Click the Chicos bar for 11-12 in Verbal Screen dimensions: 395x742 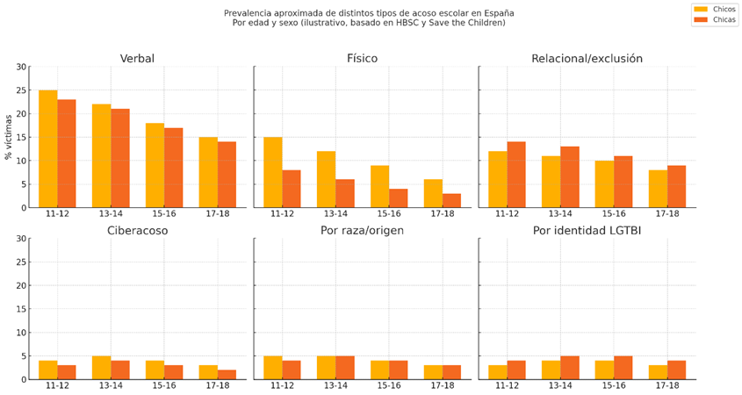[x=48, y=149]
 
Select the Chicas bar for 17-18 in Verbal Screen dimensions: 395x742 [x=227, y=175]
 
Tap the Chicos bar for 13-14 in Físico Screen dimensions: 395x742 [x=327, y=179]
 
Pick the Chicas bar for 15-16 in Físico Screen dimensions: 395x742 [x=399, y=198]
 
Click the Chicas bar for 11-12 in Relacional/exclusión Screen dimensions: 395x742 [x=516, y=175]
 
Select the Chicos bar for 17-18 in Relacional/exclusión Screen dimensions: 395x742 [x=659, y=189]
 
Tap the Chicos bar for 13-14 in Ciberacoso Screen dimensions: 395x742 [x=102, y=368]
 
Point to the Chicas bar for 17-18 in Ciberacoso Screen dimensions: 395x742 [x=227, y=375]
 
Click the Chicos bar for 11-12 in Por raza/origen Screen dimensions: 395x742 [x=273, y=368]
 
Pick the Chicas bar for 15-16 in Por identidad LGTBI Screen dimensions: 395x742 [x=623, y=368]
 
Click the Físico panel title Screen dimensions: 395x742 [x=362, y=59]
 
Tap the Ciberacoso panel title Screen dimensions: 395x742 [x=137, y=231]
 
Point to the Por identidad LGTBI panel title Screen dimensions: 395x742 [x=587, y=231]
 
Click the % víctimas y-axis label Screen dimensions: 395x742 [x=10, y=137]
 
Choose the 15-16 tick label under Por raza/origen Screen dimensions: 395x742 [x=389, y=386]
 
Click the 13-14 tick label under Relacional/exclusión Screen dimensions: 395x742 [x=560, y=214]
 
